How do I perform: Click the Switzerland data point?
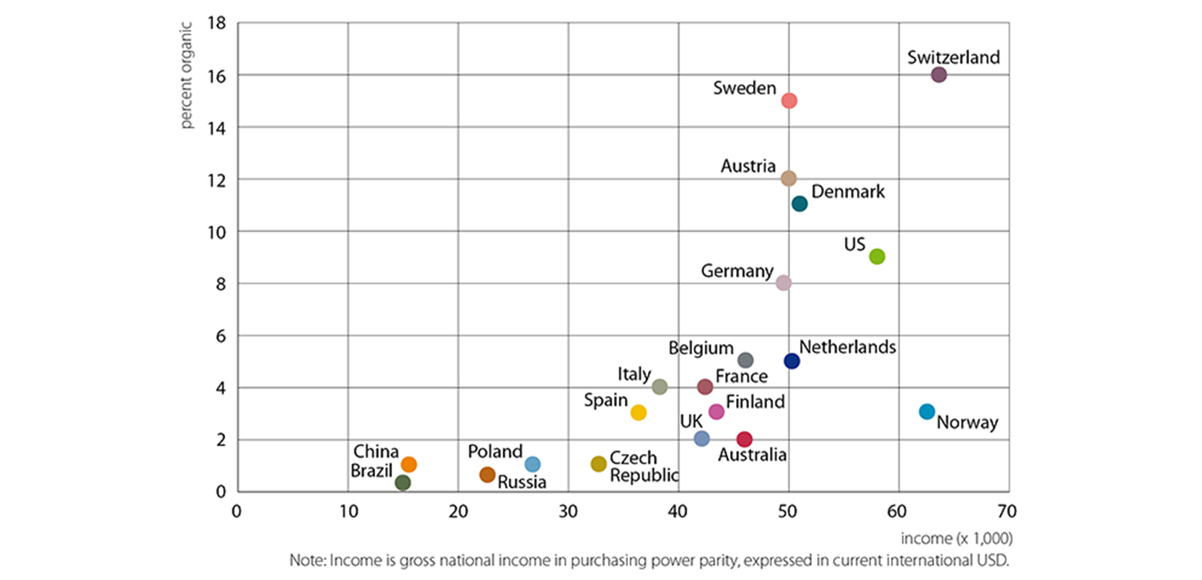[x=939, y=75]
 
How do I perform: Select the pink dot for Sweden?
[x=789, y=101]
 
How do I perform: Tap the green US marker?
[x=877, y=256]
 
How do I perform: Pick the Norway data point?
[x=927, y=412]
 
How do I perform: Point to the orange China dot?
[x=409, y=464]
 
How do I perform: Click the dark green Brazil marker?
[x=403, y=482]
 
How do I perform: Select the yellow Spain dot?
[x=639, y=412]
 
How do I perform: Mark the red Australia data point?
[x=744, y=439]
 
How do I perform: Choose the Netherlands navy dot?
[x=791, y=361]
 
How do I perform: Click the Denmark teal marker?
[x=800, y=204]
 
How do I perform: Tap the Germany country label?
[x=737, y=271]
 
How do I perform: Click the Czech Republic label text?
[x=644, y=467]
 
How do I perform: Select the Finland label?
[x=755, y=402]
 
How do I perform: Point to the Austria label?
[x=748, y=166]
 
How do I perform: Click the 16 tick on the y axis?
[x=217, y=76]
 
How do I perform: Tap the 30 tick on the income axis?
[x=568, y=511]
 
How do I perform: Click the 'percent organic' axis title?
[x=186, y=75]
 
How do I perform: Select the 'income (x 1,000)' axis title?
[x=956, y=538]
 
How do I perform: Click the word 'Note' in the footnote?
[x=307, y=561]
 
